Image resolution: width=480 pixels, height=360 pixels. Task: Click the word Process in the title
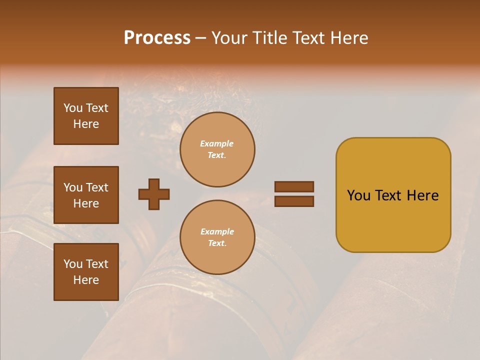click(157, 38)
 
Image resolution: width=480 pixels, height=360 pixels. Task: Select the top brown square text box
click(86, 116)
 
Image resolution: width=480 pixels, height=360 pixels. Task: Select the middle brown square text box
click(86, 195)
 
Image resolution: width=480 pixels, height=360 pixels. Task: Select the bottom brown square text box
click(86, 272)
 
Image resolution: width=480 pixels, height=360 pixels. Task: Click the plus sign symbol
click(154, 194)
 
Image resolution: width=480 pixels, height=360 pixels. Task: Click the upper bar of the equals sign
click(294, 186)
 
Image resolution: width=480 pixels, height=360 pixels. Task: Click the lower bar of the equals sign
click(294, 201)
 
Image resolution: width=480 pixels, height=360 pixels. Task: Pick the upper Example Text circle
click(217, 149)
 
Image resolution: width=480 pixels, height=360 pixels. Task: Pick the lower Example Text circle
click(217, 237)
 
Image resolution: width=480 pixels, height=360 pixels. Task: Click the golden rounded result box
click(393, 195)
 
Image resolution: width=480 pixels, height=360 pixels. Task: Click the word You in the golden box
click(359, 195)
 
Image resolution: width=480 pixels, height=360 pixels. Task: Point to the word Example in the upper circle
click(217, 143)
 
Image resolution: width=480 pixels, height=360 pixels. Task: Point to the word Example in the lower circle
click(217, 231)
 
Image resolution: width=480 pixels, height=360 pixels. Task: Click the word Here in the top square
click(86, 124)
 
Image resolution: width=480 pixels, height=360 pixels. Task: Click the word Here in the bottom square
click(86, 280)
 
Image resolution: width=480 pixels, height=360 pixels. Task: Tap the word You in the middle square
click(73, 187)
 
